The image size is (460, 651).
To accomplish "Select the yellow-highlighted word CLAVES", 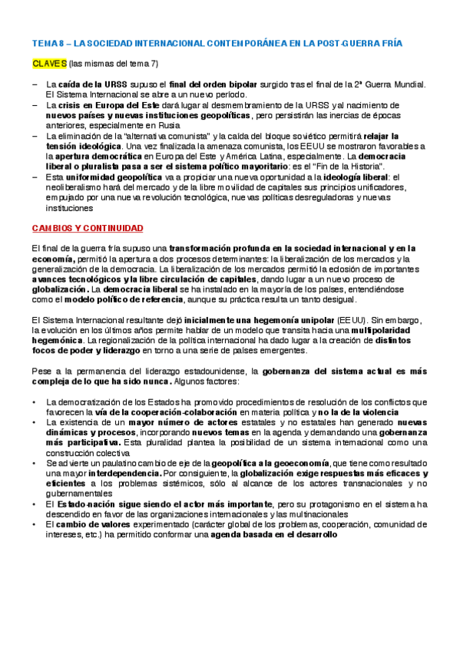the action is (x=48, y=64).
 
